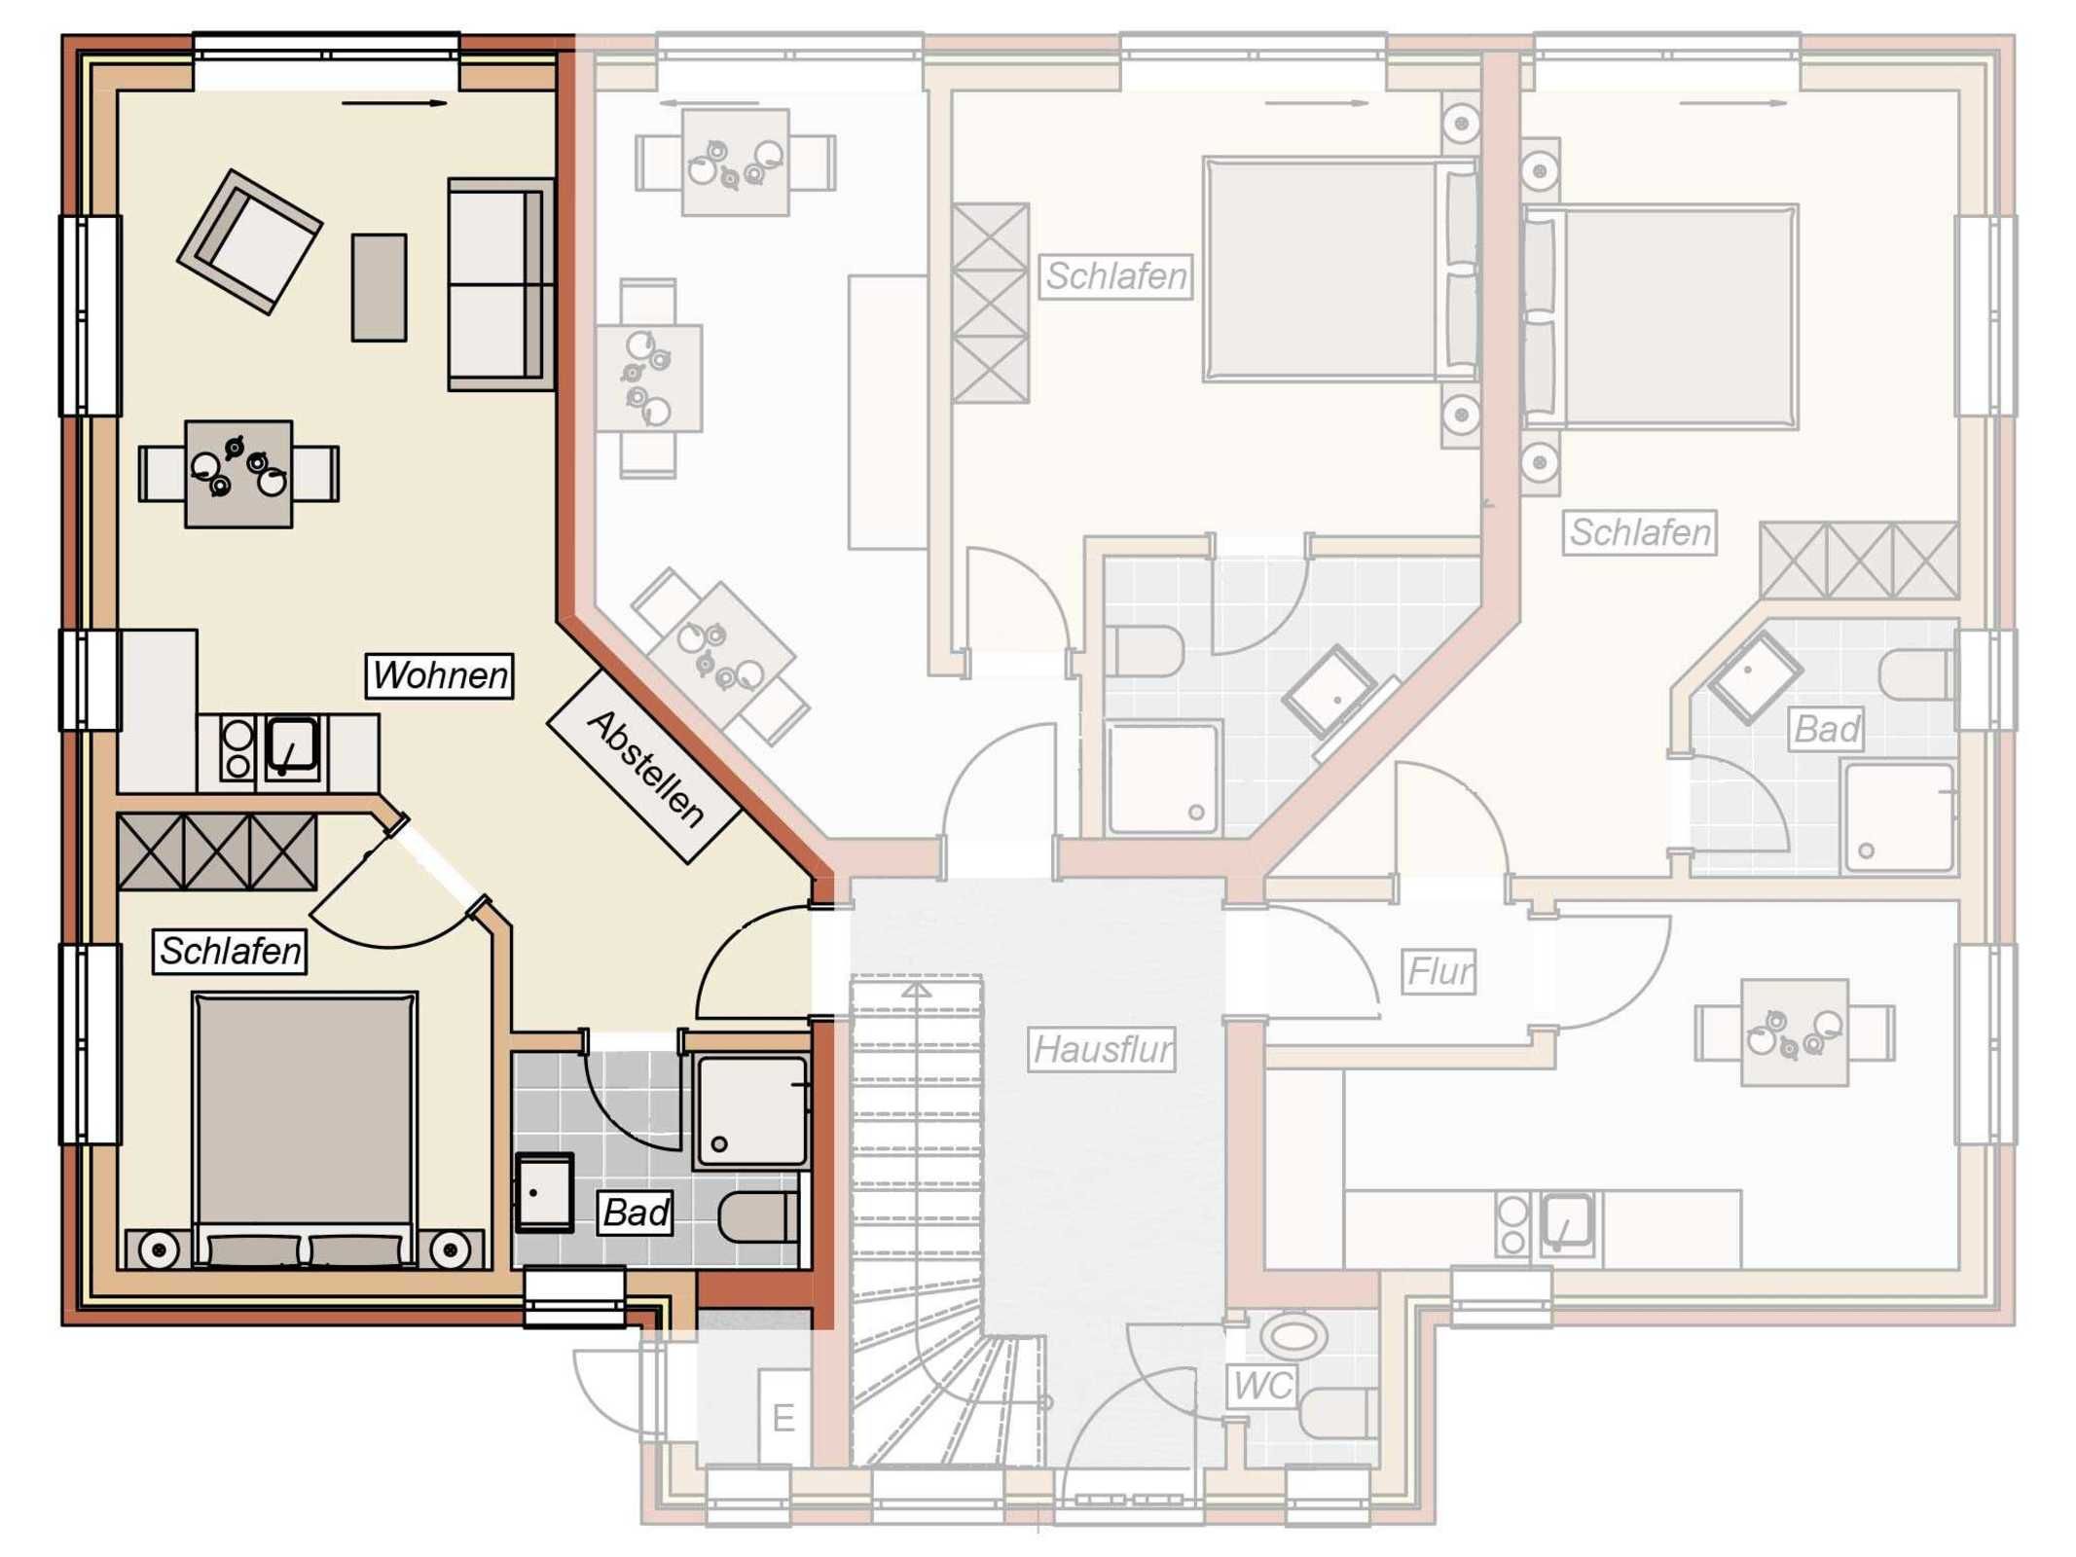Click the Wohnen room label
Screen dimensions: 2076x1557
click(x=439, y=675)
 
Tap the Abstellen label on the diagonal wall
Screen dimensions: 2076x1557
click(x=644, y=767)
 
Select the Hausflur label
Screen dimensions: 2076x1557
click(x=1103, y=1049)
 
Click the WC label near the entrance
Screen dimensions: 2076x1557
click(x=1262, y=1386)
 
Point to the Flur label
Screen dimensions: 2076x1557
click(x=1440, y=971)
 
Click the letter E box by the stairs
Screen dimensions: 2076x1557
click(x=783, y=1418)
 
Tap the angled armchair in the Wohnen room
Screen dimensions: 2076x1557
click(x=249, y=241)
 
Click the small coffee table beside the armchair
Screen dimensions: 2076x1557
click(x=379, y=287)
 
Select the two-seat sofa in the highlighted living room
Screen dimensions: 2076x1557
click(x=500, y=284)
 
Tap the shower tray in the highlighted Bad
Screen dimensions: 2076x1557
click(x=751, y=1112)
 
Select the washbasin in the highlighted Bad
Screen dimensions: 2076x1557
click(x=543, y=1191)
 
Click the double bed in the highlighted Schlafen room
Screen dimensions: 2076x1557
click(x=305, y=1129)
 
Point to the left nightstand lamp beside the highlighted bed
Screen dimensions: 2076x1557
click(x=159, y=1249)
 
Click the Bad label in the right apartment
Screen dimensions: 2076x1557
click(x=1827, y=729)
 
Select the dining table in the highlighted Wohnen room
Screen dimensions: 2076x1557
click(x=238, y=474)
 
